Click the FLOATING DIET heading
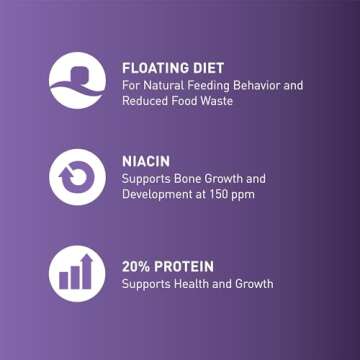coord(173,68)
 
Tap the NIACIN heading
coord(146,162)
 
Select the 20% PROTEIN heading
coord(168,267)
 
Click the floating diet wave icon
coord(77,80)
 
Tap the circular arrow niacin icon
coord(77,177)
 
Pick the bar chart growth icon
coord(77,274)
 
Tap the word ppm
coord(245,196)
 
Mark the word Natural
coord(163,85)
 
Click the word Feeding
coord(208,86)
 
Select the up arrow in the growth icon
coord(87,271)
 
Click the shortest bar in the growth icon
coord(63,280)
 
